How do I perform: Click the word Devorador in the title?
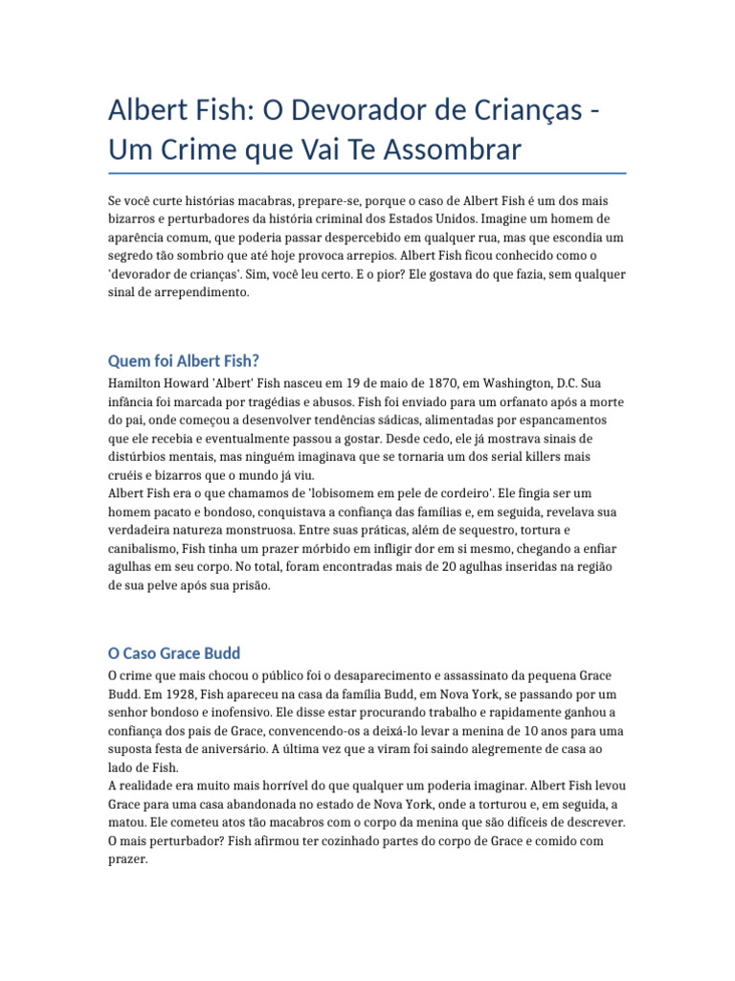coord(346,111)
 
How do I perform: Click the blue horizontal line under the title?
coord(367,174)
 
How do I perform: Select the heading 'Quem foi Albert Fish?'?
coord(183,360)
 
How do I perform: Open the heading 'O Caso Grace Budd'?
coord(173,653)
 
